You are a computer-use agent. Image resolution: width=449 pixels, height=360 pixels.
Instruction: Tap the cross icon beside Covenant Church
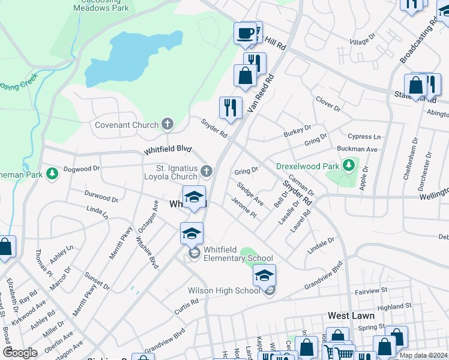(x=167, y=125)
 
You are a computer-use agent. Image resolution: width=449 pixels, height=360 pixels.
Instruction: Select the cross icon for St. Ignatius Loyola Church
(x=206, y=172)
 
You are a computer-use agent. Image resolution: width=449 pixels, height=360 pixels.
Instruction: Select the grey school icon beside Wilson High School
(x=270, y=291)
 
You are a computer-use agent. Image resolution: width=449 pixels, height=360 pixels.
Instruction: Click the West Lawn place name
(x=351, y=316)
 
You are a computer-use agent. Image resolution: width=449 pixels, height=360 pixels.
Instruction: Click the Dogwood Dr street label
(x=81, y=169)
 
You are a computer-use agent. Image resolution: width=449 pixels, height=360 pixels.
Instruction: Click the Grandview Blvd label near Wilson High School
(x=323, y=275)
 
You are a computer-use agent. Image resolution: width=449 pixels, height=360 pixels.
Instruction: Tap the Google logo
(x=20, y=353)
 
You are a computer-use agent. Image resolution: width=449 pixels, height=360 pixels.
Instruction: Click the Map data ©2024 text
(x=423, y=355)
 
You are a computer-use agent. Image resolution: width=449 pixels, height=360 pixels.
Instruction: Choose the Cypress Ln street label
(x=368, y=137)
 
